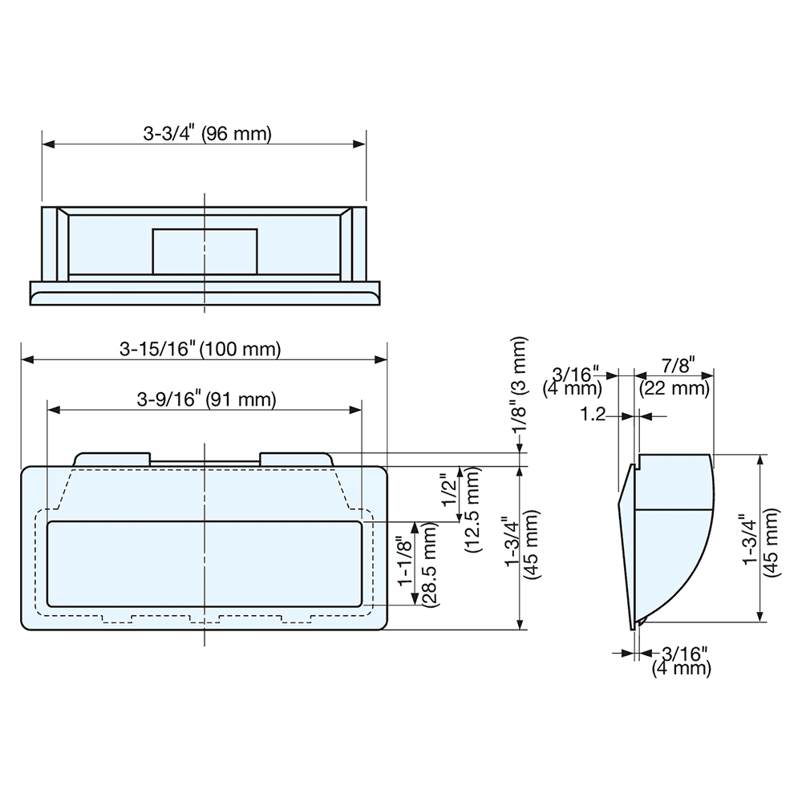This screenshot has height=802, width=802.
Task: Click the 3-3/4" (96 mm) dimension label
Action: click(208, 134)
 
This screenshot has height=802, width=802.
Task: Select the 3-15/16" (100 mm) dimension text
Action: click(200, 350)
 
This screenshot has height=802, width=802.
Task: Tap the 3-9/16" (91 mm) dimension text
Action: click(206, 399)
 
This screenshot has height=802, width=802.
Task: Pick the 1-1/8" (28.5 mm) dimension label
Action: click(418, 565)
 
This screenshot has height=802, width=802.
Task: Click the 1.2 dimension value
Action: click(593, 415)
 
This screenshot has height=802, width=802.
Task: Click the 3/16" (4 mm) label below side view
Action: click(682, 660)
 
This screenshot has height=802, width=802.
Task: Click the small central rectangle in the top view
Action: click(205, 252)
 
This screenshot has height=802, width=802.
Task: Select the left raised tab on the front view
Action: click(112, 458)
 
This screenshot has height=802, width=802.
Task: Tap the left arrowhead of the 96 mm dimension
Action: click(47, 144)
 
